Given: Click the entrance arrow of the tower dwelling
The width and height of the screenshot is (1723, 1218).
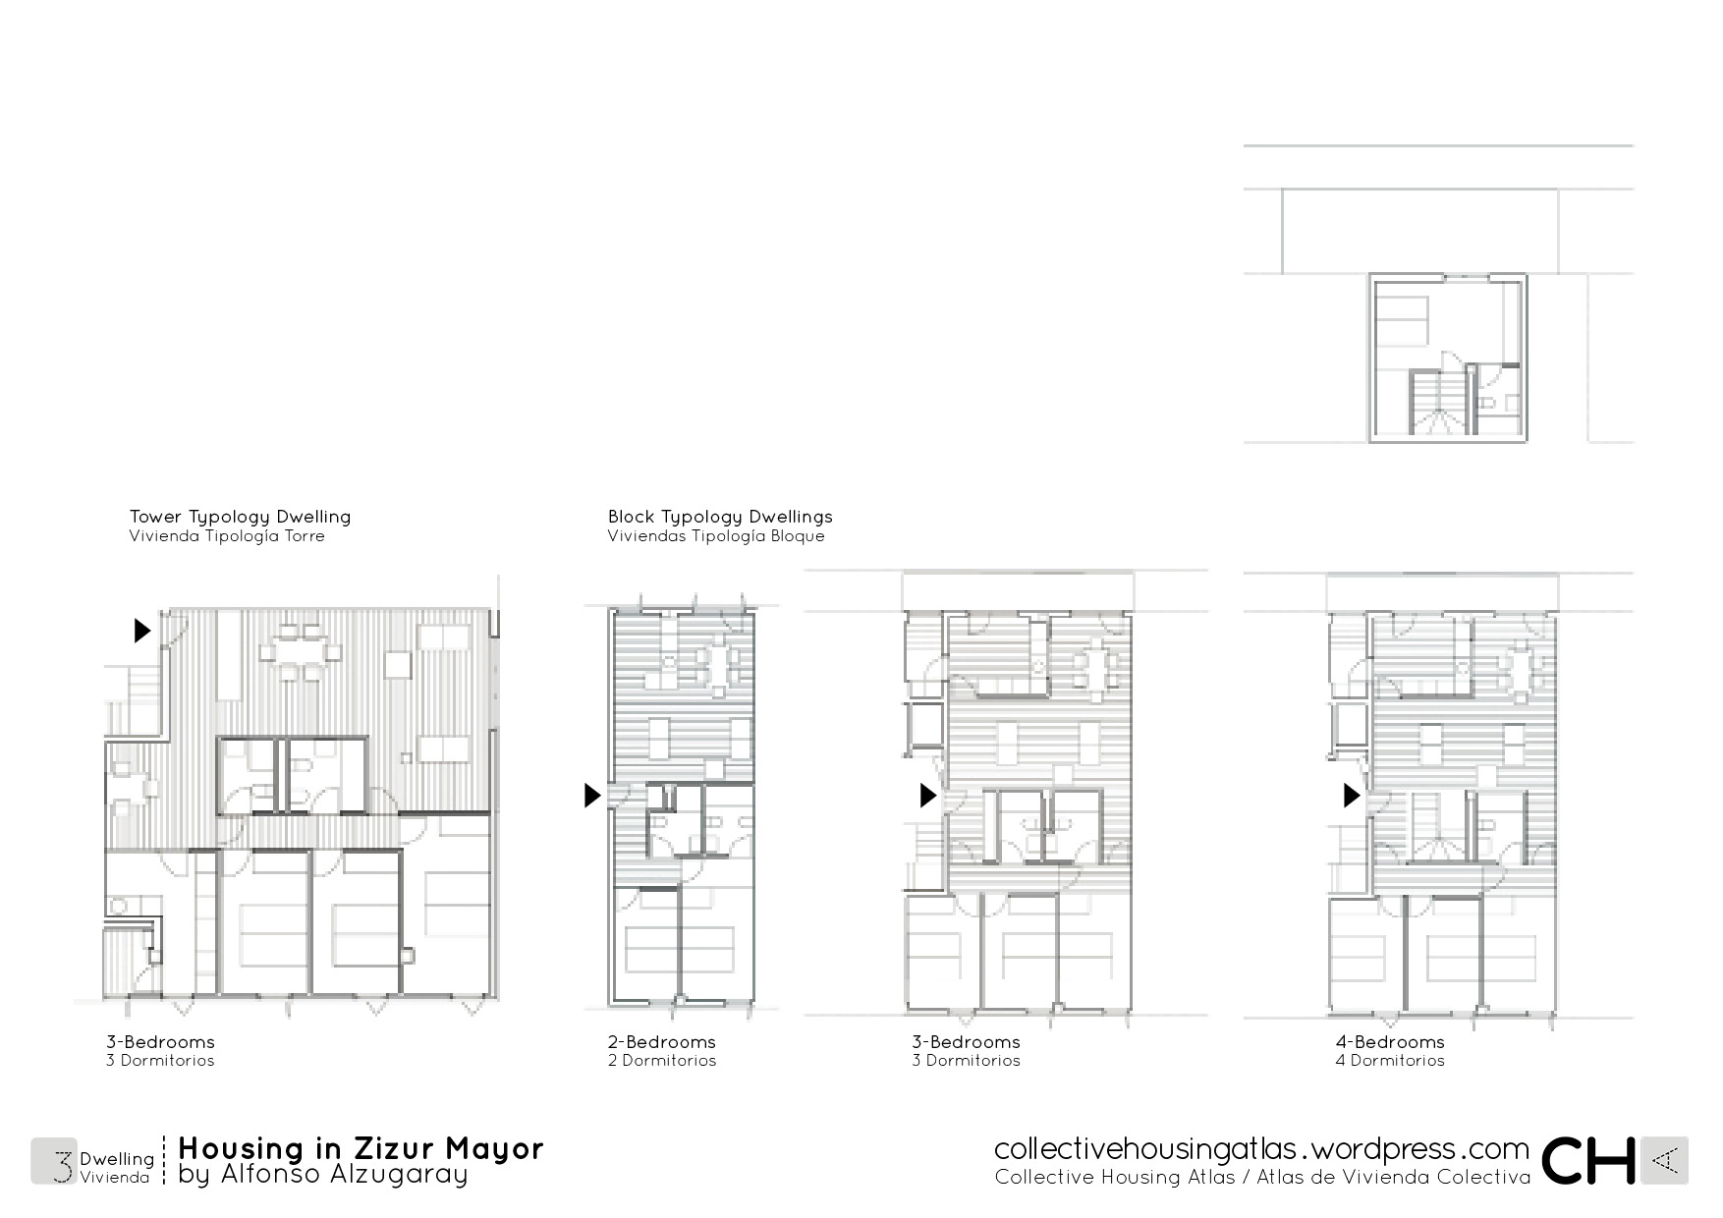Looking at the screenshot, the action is click(x=142, y=630).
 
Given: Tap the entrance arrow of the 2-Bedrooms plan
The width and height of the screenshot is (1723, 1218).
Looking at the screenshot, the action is click(x=591, y=795).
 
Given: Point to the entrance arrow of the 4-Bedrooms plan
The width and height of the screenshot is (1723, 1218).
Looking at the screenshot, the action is click(x=1352, y=795).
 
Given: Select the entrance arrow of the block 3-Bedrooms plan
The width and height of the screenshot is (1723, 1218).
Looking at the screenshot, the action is click(x=927, y=795).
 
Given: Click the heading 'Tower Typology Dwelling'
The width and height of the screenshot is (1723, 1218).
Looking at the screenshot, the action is click(x=240, y=517).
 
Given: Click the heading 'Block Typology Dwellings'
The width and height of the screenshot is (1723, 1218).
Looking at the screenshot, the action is click(x=720, y=517).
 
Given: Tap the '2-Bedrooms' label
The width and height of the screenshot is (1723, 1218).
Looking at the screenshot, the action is click(x=662, y=1042).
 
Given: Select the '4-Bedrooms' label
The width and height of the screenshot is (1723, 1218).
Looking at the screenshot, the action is click(x=1390, y=1042).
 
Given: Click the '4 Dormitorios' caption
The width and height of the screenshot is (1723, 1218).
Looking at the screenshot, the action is click(x=1390, y=1061).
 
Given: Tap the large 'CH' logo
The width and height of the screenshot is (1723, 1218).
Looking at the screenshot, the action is click(x=1587, y=1161).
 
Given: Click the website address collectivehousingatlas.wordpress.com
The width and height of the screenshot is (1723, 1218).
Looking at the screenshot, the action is click(x=1261, y=1149).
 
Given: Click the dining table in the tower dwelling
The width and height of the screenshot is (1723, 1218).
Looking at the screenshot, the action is click(x=302, y=647).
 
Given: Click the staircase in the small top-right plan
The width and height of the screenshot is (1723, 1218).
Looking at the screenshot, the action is click(x=1437, y=402).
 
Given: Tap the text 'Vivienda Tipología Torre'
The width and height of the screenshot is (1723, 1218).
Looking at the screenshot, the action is click(x=227, y=536).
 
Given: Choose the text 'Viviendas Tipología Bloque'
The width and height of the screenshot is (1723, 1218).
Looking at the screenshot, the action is click(x=716, y=536).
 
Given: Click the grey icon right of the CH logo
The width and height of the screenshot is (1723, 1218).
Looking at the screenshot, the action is click(x=1665, y=1161).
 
